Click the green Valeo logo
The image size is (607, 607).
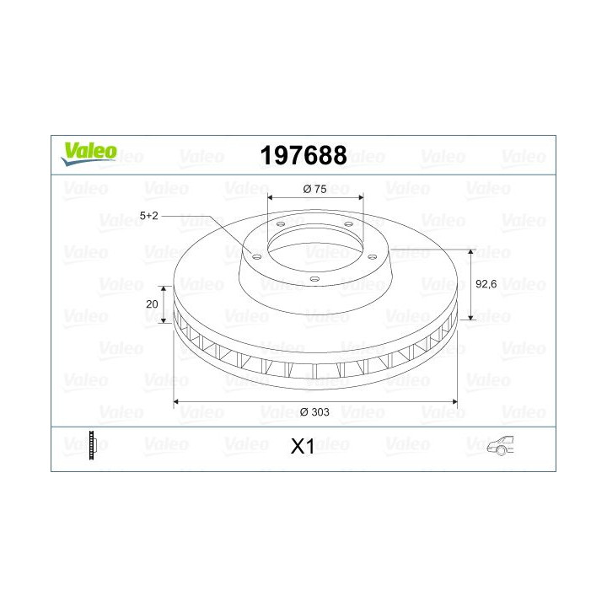tap(89, 153)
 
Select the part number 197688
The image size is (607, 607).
tap(303, 155)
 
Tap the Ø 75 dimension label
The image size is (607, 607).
tap(314, 189)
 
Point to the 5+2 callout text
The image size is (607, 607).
tap(149, 216)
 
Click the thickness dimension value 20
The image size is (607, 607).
tap(152, 304)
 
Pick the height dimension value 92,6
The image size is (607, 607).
tap(486, 284)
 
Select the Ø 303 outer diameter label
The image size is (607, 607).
tap(314, 412)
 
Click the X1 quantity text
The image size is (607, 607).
tap(303, 447)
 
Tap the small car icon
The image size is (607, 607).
tap(501, 445)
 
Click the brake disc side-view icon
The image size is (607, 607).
tap(92, 445)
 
